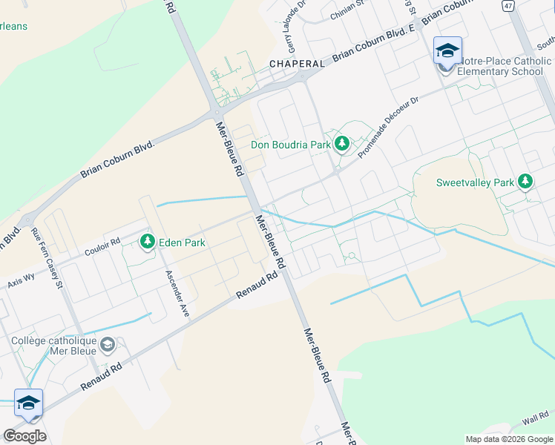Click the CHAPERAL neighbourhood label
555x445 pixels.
297,64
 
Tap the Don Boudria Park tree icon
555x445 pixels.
342,143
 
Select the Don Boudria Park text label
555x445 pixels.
290,145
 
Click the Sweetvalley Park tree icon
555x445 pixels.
525,181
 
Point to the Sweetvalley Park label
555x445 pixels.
475,182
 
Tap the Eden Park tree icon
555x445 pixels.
147,241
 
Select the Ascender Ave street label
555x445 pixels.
178,294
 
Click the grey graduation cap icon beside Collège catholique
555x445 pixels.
108,344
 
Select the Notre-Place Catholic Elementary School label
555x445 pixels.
505,66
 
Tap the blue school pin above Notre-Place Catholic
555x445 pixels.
447,50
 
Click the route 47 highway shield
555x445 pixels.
508,6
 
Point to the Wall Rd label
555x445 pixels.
534,421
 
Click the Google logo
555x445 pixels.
24,435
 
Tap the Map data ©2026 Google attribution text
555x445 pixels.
508,438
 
